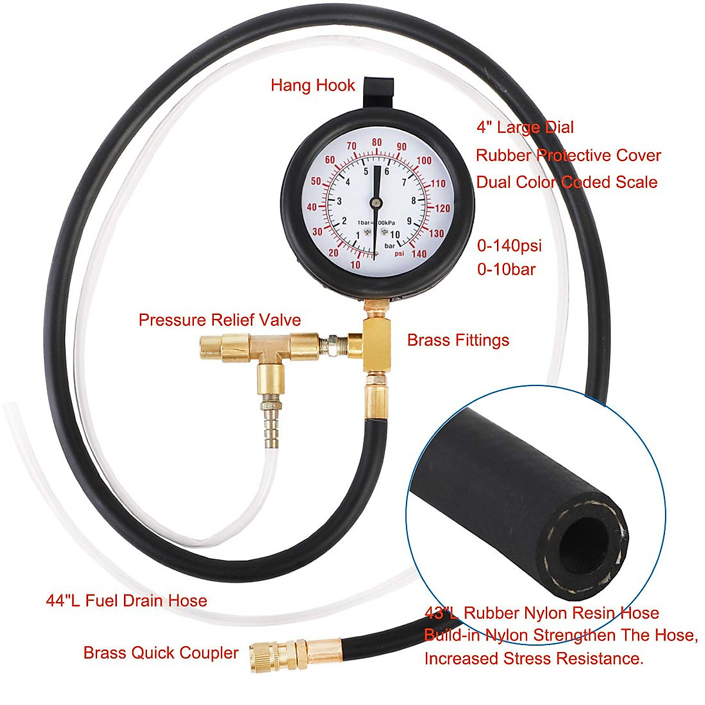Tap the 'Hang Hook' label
[313, 86]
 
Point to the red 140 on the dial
[419, 254]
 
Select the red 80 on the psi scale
[377, 143]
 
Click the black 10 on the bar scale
[395, 235]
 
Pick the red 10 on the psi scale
[355, 265]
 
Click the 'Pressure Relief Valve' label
[219, 320]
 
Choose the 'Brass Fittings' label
[458, 340]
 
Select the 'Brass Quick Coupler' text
[160, 653]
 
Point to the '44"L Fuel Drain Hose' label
[126, 600]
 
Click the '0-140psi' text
[509, 246]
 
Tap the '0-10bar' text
[506, 270]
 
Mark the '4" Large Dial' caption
[525, 127]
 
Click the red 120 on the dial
[442, 208]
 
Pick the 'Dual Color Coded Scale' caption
[566, 182]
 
